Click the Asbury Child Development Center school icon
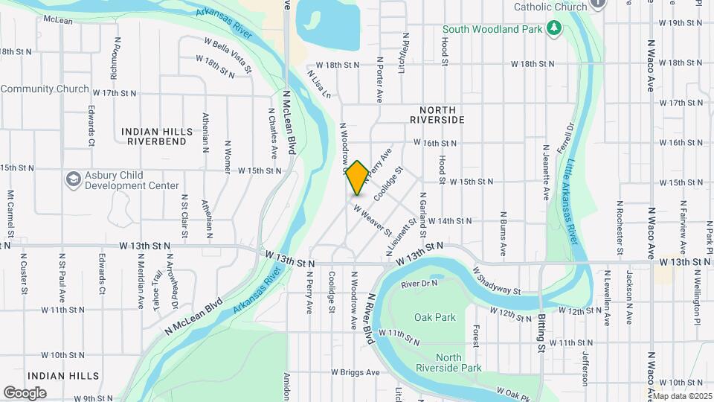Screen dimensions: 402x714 tap(73, 179)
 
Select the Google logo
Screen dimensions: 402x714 tap(25, 392)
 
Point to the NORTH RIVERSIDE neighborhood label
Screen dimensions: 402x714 tap(437, 119)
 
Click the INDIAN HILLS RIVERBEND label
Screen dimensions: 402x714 tap(155, 135)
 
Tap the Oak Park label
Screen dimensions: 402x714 tap(435, 317)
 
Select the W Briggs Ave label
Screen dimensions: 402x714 tap(356, 372)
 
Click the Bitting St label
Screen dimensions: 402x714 tap(541, 327)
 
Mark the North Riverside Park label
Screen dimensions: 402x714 tap(459, 363)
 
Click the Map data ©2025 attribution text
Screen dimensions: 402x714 tap(682, 396)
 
